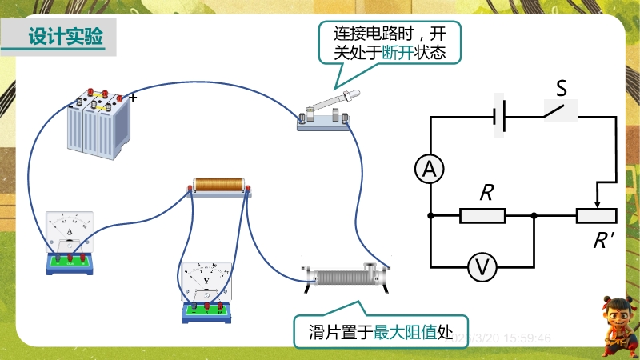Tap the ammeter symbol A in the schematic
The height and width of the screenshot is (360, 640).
click(x=430, y=169)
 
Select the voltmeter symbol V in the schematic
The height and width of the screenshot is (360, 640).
click(x=482, y=267)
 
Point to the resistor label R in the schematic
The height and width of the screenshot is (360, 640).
click(x=486, y=193)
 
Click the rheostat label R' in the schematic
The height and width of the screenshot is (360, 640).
click(x=602, y=240)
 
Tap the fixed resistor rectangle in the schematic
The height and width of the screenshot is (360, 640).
click(x=482, y=215)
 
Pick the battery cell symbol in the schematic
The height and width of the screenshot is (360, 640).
click(x=499, y=117)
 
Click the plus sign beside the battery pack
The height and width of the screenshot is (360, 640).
click(x=133, y=98)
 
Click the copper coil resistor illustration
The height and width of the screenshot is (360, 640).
click(x=219, y=186)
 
